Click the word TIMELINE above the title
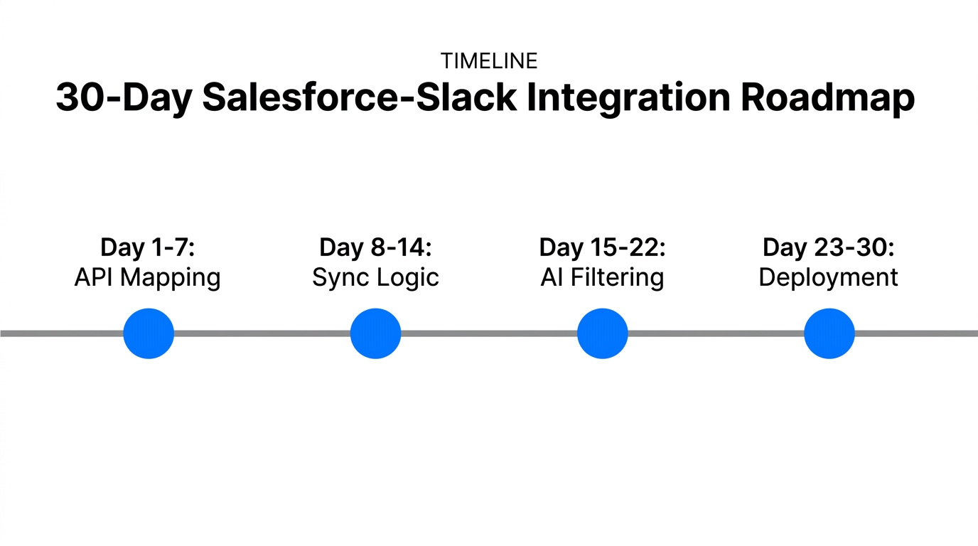point(488,61)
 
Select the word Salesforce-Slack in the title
point(359,98)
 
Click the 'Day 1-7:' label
point(148,247)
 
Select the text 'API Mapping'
point(148,277)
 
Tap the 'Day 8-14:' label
point(375,247)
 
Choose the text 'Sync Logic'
point(375,277)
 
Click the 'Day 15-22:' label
point(602,247)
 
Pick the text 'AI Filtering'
point(602,277)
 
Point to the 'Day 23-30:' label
point(828,247)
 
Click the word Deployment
point(828,277)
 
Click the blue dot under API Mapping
point(149,333)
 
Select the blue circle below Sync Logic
point(375,333)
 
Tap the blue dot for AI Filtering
point(602,333)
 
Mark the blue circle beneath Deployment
point(829,333)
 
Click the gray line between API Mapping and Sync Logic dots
point(262,333)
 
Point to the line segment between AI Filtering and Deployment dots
point(715,333)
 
